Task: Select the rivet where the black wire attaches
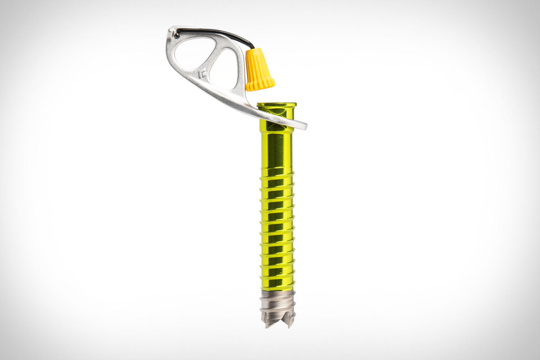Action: click(x=176, y=34)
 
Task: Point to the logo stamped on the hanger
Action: click(x=202, y=74)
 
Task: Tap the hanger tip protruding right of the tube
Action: click(x=300, y=125)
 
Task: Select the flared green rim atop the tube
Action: click(x=276, y=105)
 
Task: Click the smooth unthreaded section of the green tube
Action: click(x=276, y=149)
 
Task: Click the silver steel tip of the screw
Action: click(x=277, y=307)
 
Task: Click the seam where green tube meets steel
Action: click(x=277, y=291)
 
